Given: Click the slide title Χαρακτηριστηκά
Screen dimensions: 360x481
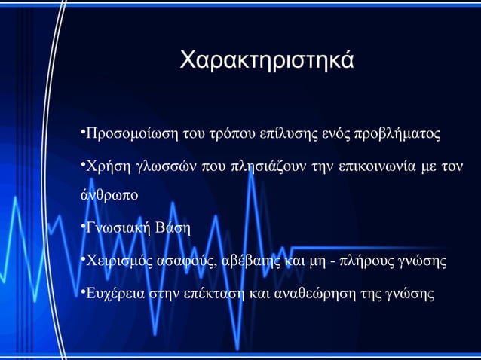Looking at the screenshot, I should [x=265, y=59].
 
